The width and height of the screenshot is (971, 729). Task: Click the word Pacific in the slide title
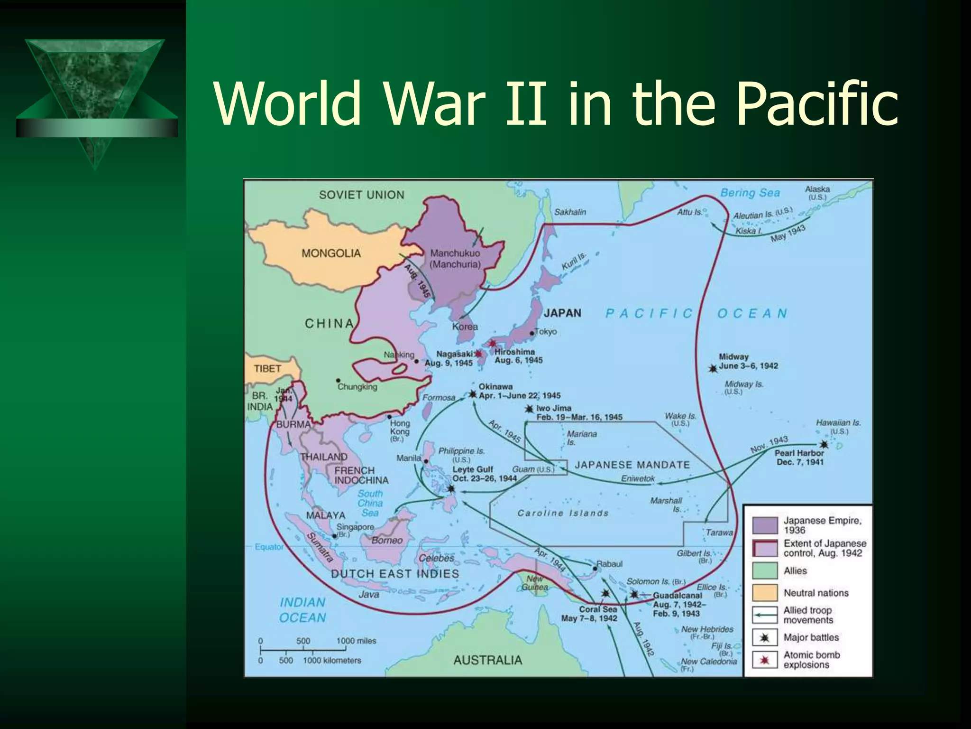[x=817, y=104]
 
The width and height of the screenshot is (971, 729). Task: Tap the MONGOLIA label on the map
[x=331, y=253]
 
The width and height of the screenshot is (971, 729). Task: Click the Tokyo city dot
[x=532, y=333]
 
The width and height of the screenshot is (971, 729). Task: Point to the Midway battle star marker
[x=713, y=368]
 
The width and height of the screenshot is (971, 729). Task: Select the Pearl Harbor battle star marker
[x=824, y=444]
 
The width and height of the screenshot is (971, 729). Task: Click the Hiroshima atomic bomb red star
[x=492, y=343]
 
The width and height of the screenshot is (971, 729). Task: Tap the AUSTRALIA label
[x=487, y=660]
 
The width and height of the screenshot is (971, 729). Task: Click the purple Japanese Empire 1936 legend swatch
[x=765, y=525]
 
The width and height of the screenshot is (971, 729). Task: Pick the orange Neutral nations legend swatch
[x=765, y=592]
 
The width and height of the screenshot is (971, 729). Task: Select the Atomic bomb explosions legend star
[x=764, y=660]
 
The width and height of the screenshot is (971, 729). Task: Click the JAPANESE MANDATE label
[x=632, y=465]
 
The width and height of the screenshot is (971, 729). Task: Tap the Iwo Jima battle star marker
[x=530, y=409]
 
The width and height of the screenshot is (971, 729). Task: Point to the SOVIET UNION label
[x=361, y=195]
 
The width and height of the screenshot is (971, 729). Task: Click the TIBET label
[x=267, y=369]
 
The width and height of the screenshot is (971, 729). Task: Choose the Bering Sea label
[x=750, y=193]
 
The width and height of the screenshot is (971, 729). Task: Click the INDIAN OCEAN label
[x=302, y=610]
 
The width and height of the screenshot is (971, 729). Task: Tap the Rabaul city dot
[x=595, y=568]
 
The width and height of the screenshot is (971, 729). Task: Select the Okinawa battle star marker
[x=473, y=393]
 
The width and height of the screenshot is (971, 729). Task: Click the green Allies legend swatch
[x=765, y=570]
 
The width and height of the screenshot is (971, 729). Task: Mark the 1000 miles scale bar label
[x=356, y=641]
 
